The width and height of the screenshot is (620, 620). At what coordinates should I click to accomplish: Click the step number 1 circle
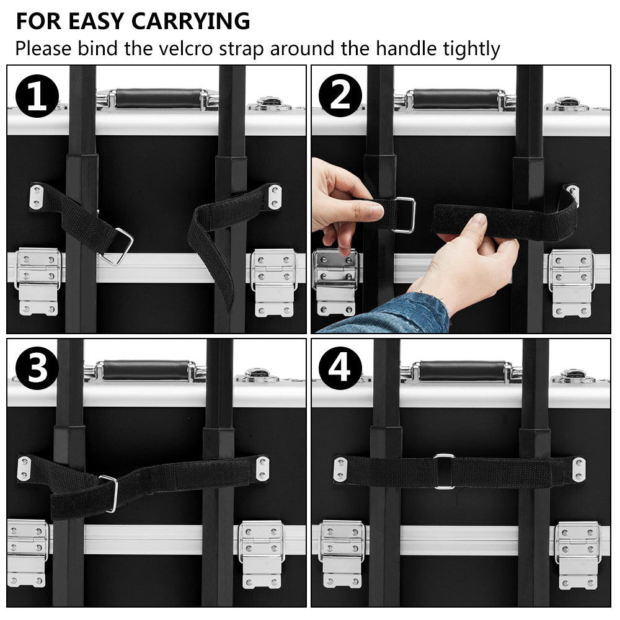point(37,96)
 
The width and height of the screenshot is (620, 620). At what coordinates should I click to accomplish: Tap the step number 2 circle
point(340,95)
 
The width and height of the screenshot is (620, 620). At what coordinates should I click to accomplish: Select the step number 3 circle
point(37,368)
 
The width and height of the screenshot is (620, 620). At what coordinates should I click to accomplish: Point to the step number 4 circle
point(340,368)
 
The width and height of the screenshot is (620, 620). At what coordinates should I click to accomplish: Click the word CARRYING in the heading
point(190,21)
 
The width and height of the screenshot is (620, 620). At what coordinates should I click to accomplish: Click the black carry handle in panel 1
point(159,99)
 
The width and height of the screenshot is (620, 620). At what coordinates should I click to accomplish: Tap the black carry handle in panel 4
point(462,371)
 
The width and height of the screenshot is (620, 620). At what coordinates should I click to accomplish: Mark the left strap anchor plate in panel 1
point(37,197)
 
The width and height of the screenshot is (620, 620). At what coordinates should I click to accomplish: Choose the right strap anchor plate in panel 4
point(579,470)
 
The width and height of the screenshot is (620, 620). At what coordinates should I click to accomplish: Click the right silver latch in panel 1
point(274,282)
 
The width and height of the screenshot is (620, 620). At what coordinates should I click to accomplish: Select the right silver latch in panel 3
point(262,554)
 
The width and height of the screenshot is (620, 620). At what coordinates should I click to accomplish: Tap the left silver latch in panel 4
point(342,554)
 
